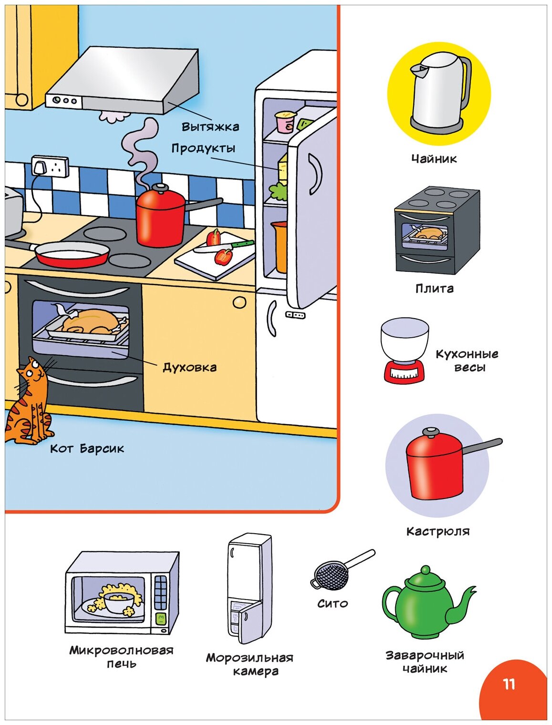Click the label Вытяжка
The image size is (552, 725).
pyautogui.click(x=210, y=127)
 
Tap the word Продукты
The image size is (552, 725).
pyautogui.click(x=204, y=148)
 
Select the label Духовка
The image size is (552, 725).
pyautogui.click(x=190, y=367)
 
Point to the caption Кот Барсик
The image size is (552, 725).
pyautogui.click(x=87, y=448)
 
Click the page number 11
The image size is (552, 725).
pyautogui.click(x=509, y=684)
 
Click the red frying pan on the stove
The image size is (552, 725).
pyautogui.click(x=72, y=254)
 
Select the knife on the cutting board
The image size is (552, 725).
pyautogui.click(x=224, y=246)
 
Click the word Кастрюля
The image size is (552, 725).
pyautogui.click(x=438, y=531)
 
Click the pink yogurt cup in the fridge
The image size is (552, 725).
pyautogui.click(x=286, y=122)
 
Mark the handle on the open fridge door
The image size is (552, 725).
pyautogui.click(x=315, y=175)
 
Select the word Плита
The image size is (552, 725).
pyautogui.click(x=434, y=289)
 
